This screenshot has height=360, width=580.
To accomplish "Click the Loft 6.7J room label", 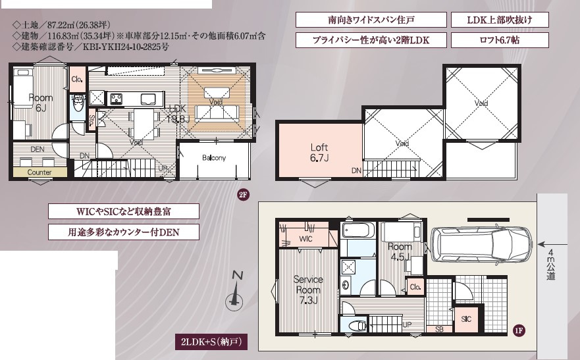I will [x=319, y=153].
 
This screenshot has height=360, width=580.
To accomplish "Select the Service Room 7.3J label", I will [x=307, y=290].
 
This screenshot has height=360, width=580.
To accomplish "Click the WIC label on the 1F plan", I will [x=306, y=239].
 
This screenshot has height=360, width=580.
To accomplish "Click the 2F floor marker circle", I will [x=242, y=195].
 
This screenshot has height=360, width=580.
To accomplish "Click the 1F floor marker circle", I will [x=519, y=329].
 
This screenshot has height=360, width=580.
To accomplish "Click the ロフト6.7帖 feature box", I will [x=500, y=40].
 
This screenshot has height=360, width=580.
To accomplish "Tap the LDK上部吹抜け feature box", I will [x=500, y=20].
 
